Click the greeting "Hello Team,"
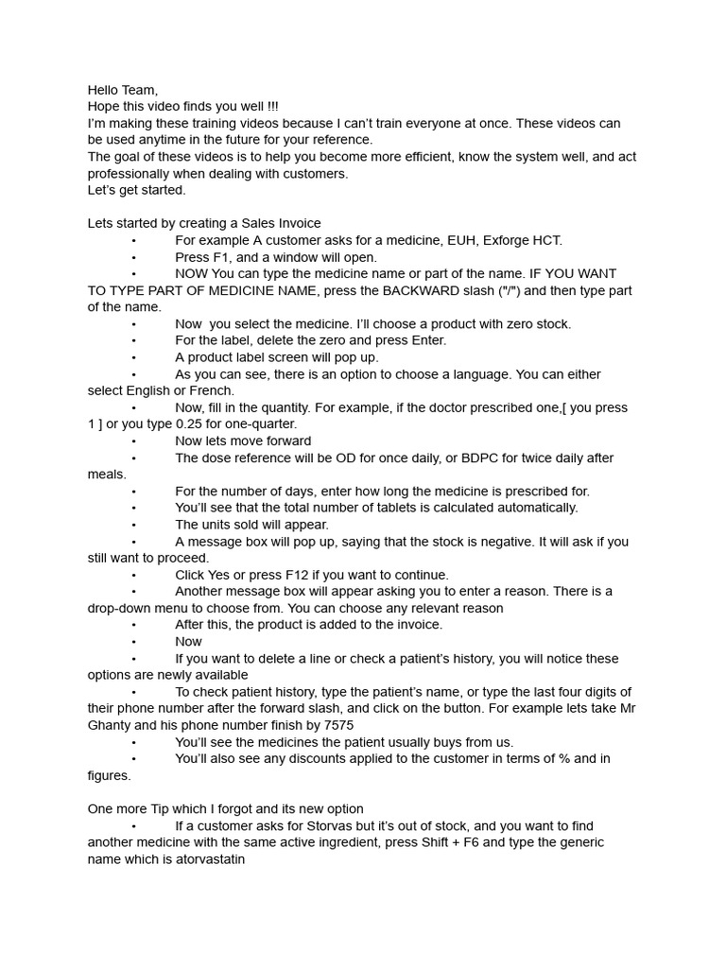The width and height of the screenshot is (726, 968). coord(123,90)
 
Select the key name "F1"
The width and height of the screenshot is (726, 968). coord(220,257)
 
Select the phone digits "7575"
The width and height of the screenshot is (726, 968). coord(338,725)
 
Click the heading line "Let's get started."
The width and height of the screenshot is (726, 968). coord(137,190)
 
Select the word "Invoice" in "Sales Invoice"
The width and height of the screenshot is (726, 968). coord(297,223)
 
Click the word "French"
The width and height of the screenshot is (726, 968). coord(214,390)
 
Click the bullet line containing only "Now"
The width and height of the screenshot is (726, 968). coord(189,642)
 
